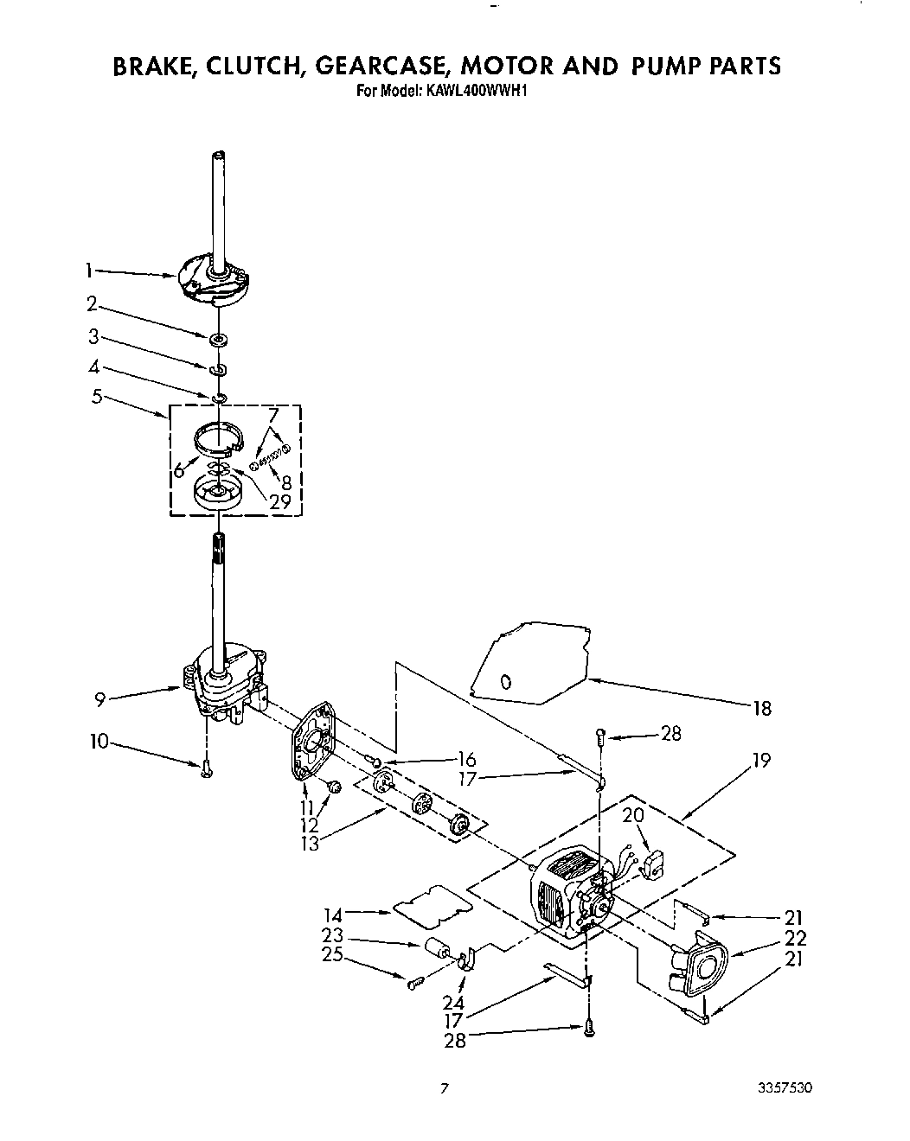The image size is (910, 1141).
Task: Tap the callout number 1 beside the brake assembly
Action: tap(90, 271)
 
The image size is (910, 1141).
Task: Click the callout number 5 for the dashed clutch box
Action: tap(96, 397)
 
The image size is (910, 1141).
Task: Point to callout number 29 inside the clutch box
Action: tap(279, 500)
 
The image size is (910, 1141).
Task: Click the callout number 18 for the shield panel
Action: tap(761, 709)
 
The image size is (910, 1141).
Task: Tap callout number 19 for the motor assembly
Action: tap(761, 761)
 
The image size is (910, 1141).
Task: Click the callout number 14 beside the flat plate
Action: tap(333, 913)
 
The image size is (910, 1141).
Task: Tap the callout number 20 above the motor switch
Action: tap(633, 815)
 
